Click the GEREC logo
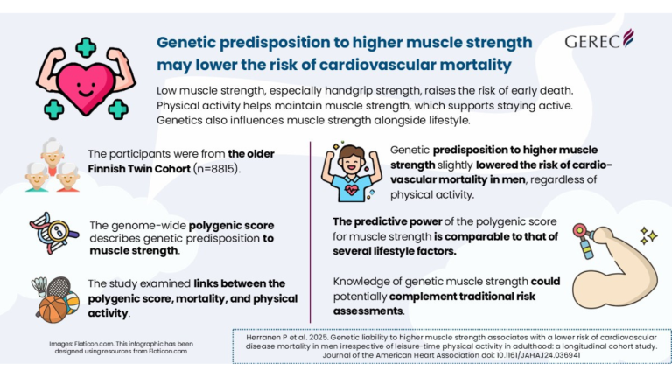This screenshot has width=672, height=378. (x=599, y=40)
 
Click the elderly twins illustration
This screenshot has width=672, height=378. (x=51, y=164)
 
